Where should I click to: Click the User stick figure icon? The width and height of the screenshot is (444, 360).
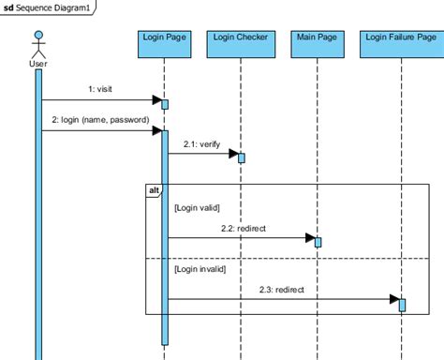point(38,44)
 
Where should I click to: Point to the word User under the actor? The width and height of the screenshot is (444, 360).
point(38,64)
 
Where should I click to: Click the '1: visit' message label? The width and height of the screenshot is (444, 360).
point(98,89)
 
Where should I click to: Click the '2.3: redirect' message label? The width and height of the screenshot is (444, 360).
point(282,290)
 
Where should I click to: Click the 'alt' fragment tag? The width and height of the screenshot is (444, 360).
point(154,190)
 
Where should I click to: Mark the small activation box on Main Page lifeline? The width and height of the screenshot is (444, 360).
point(318,242)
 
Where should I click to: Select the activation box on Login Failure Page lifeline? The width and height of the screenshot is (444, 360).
point(402,305)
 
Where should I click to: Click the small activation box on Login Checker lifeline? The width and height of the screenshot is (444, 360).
point(241,157)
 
